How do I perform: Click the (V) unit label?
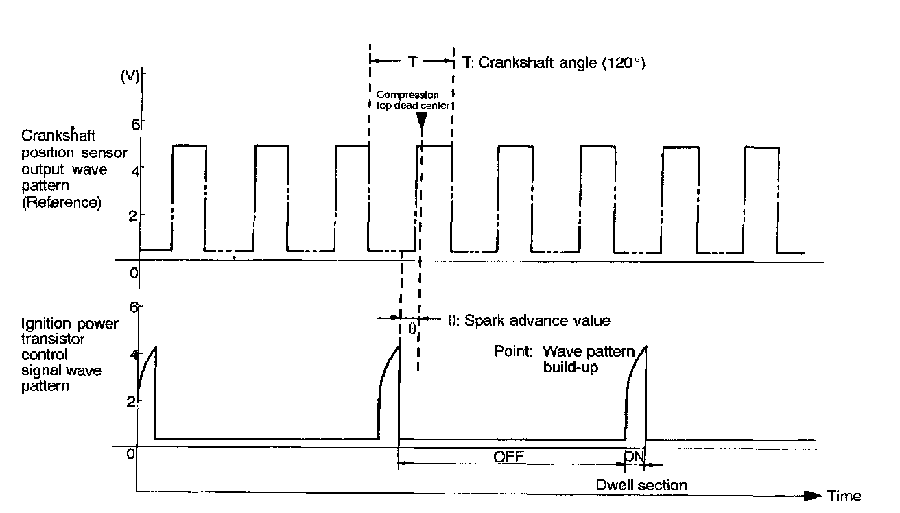(x=130, y=76)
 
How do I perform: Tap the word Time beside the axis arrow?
(x=844, y=497)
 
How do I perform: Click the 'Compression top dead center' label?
(x=417, y=100)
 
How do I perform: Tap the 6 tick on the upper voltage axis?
(x=135, y=123)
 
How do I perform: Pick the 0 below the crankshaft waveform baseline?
(x=134, y=273)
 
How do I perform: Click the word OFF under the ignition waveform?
(x=510, y=456)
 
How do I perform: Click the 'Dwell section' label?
(x=641, y=485)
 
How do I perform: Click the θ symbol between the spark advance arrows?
(x=412, y=329)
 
